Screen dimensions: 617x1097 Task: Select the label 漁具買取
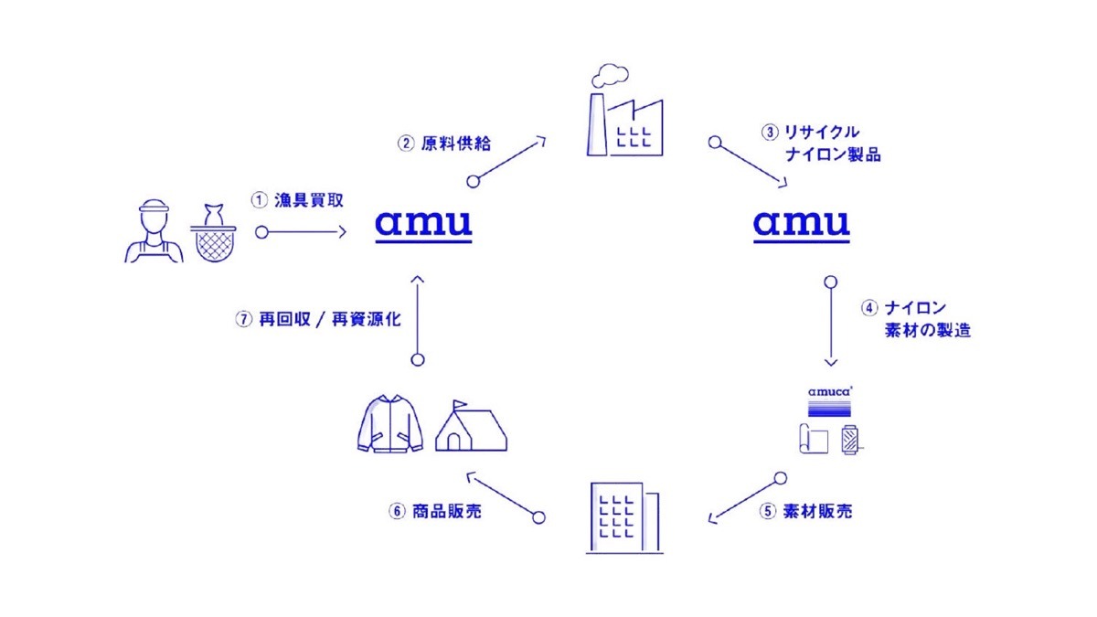click(295, 197)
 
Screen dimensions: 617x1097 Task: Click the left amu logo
click(423, 223)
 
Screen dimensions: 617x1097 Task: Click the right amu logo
click(802, 223)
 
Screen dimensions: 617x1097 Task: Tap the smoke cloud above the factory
click(610, 72)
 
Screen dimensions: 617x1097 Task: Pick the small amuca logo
click(829, 390)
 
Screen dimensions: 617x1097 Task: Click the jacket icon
click(388, 427)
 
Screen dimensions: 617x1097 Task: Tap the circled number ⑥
click(396, 512)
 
